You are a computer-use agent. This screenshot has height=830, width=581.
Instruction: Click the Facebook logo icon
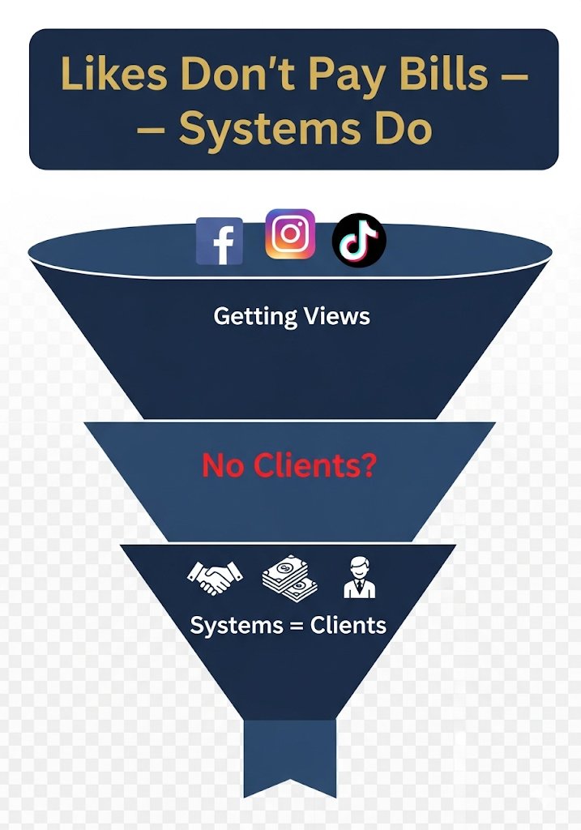(220, 241)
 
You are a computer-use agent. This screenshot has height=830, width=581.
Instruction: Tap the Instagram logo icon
(290, 234)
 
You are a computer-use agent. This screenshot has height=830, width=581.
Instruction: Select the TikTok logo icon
(359, 240)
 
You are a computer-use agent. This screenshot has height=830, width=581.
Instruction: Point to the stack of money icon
(288, 577)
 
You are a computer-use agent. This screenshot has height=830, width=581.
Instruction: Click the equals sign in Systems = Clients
(288, 626)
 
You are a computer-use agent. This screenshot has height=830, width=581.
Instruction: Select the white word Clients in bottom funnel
(344, 626)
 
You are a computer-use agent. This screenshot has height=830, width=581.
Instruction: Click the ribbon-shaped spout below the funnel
(289, 766)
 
